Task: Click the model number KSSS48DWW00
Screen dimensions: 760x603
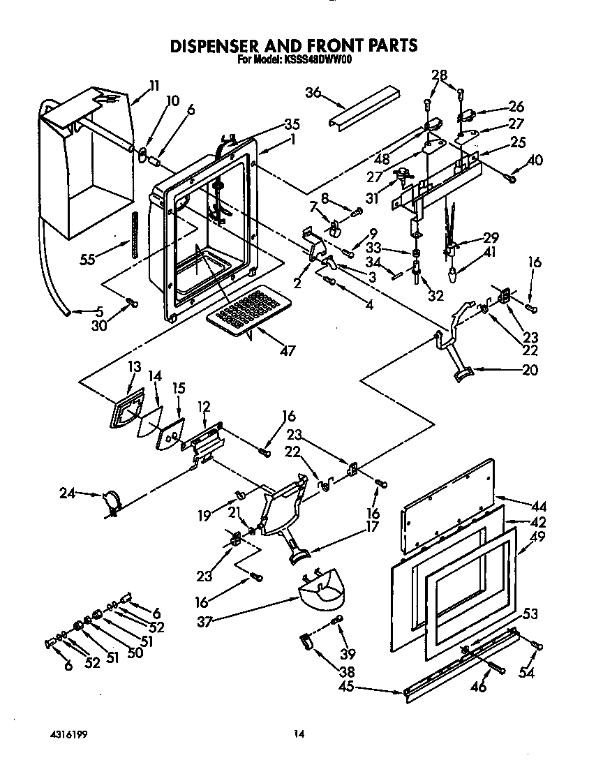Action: pos(318,60)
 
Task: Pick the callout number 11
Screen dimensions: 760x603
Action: pos(154,86)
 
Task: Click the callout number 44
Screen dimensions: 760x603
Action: pos(539,507)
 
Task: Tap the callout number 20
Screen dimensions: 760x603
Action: pos(530,370)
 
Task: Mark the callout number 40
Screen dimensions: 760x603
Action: pos(535,160)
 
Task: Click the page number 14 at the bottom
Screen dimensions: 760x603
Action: pos(299,733)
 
